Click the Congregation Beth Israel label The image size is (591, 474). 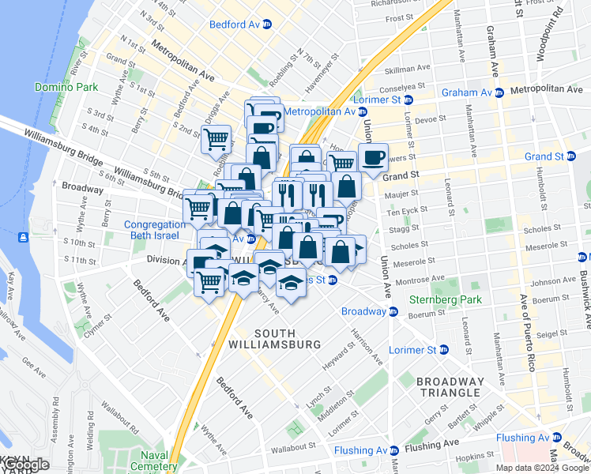155,230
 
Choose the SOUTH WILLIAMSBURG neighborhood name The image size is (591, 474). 285,337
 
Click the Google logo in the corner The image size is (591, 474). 25,465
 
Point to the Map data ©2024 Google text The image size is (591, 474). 542,468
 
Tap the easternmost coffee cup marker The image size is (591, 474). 373,156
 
